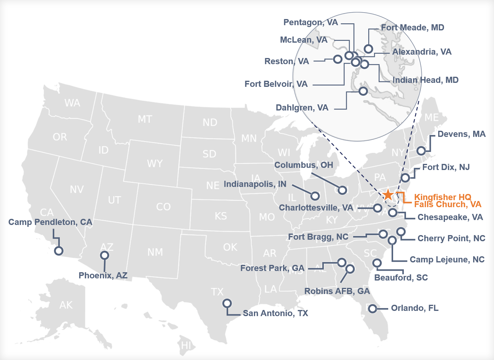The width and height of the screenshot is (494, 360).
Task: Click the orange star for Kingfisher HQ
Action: click(x=388, y=195)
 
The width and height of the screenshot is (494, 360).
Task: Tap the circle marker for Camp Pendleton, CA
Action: click(x=59, y=251)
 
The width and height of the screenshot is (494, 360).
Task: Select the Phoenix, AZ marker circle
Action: click(x=105, y=255)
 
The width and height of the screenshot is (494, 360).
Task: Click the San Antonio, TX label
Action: click(x=275, y=313)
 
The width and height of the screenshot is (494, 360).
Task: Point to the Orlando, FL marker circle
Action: click(x=373, y=308)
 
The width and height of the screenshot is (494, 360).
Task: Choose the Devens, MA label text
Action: click(x=461, y=134)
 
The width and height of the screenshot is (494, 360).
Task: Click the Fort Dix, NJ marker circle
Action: click(x=405, y=178)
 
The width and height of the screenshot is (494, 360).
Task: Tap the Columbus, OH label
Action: click(x=304, y=165)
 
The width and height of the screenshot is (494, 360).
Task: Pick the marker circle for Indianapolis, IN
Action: click(x=315, y=196)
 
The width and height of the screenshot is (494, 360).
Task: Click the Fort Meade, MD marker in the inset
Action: click(x=368, y=49)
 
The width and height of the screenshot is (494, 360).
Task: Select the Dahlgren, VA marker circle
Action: click(x=363, y=91)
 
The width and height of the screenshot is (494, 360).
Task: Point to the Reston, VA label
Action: click(x=287, y=61)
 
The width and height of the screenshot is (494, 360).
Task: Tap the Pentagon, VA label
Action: click(x=310, y=22)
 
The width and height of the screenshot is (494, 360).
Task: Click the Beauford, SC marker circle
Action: click(x=377, y=263)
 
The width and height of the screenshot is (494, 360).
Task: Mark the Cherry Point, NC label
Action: click(x=451, y=238)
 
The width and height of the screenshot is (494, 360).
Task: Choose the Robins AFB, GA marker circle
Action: click(x=350, y=269)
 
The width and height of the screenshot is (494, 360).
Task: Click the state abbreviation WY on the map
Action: click(x=155, y=164)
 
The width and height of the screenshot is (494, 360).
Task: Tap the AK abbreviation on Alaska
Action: click(x=66, y=305)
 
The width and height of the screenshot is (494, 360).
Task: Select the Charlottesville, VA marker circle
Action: click(x=377, y=208)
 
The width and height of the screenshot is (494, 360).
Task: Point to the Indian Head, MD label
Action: click(x=425, y=80)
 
